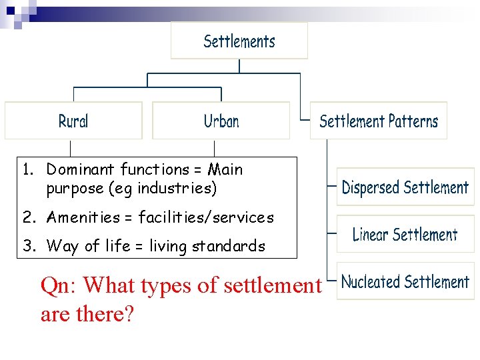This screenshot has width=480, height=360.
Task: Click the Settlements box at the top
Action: point(239,41)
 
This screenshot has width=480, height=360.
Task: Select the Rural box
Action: point(73,121)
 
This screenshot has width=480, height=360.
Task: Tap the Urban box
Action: point(221,121)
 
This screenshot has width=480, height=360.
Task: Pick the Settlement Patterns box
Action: point(379,121)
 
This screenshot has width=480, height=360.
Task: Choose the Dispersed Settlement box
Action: point(405,187)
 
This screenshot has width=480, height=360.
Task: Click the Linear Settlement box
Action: point(405,234)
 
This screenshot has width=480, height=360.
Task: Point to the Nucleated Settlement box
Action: point(405,281)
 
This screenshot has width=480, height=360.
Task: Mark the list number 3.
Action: point(27,246)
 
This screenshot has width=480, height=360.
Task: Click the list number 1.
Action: point(27,169)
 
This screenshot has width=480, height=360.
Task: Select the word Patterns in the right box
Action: point(413,121)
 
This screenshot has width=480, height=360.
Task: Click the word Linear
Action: point(371,234)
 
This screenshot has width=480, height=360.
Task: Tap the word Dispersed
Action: point(370,187)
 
